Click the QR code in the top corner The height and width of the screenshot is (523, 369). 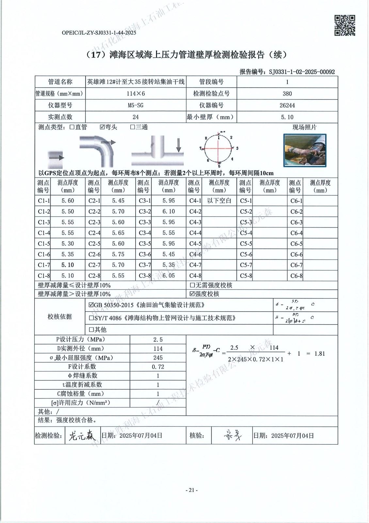pos(345,25)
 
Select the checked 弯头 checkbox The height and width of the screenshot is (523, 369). pos(102,127)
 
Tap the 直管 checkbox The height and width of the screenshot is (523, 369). pos(72,127)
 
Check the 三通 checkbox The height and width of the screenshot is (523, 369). pos(133,127)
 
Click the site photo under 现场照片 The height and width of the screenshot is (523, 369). pos(305,150)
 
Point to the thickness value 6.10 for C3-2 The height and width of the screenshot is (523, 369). pos(168,211)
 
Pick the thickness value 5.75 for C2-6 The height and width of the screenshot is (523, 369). pos(118,254)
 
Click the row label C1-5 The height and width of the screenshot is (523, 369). pos(44,244)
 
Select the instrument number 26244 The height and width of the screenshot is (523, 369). pos(287,105)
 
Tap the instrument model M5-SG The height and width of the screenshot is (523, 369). pos(136,105)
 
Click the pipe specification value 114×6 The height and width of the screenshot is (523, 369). pos(136,93)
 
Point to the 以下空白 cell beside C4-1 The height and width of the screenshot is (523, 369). pos(219,201)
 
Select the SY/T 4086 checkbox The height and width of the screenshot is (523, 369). pos(91,318)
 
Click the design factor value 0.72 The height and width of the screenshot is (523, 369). pos(158,367)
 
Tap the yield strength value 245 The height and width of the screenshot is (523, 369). pos(158,358)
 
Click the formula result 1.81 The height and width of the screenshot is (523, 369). pos(320,354)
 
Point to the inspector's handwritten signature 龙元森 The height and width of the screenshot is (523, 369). pos(82,436)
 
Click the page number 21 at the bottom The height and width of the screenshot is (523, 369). pos(192,490)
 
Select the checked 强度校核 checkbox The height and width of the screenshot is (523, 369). pos(192,294)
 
